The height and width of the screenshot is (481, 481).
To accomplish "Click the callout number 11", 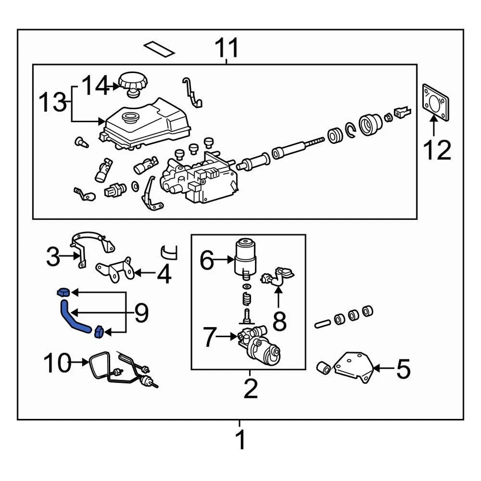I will (227, 49).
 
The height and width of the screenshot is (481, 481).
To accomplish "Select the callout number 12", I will (437, 149).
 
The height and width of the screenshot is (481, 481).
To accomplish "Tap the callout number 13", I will (53, 103).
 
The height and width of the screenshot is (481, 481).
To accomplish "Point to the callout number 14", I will (95, 86).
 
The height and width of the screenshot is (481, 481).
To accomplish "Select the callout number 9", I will (141, 313).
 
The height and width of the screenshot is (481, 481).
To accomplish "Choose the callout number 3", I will (53, 258).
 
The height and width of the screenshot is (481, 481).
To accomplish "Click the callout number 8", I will (279, 322).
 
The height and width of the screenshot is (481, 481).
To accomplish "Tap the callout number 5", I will (403, 369).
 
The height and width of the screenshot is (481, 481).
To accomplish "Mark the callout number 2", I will (250, 389).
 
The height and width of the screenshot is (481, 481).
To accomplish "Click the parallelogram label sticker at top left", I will (159, 49).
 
